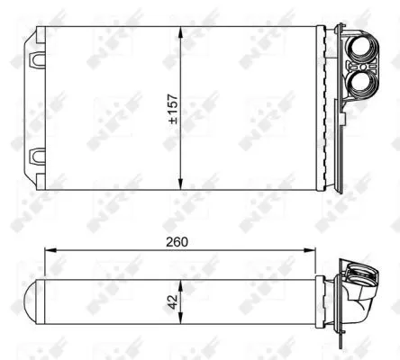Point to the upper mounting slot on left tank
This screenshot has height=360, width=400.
[38, 59]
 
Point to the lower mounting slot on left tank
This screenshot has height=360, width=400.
[38, 155]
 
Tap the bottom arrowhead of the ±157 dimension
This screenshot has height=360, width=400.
[182, 186]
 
